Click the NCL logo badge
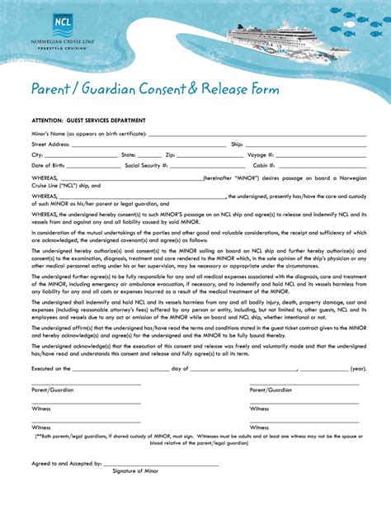(63, 23)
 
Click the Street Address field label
(50, 144)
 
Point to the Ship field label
(237, 144)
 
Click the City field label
(37, 154)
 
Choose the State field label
(129, 154)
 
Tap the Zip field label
(170, 154)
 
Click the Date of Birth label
(48, 165)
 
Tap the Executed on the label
(52, 369)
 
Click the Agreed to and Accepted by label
(67, 463)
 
